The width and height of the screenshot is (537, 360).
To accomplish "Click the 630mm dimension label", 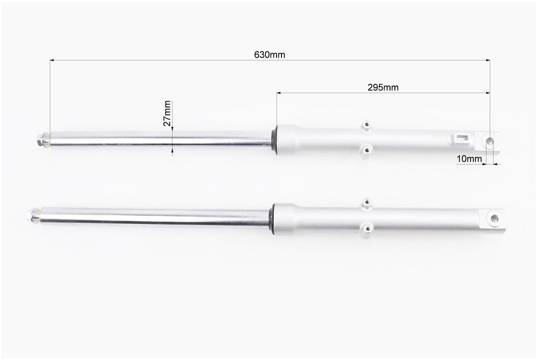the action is (269, 55).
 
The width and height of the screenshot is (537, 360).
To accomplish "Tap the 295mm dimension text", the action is (383, 87).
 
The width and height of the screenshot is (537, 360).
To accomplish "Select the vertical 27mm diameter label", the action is (167, 113).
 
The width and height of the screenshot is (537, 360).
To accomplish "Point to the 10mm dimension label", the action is (469, 159).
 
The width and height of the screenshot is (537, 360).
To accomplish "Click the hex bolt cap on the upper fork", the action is (42, 140).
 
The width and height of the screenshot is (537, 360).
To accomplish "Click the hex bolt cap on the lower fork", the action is (32, 216).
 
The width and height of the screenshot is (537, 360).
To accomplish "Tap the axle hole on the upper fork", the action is (490, 141).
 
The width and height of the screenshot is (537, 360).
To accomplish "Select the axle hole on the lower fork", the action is (495, 218).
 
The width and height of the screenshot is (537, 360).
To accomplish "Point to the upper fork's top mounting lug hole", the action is (367, 125).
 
